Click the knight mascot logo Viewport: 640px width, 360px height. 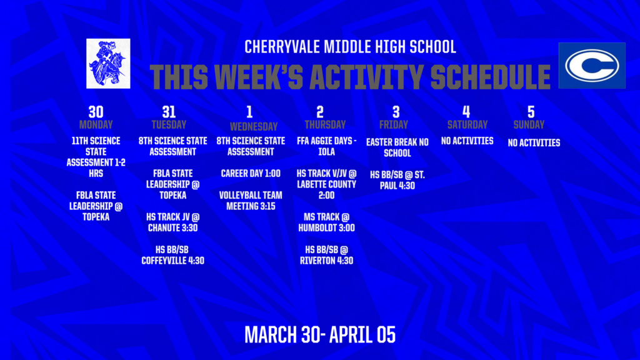[x=109, y=63]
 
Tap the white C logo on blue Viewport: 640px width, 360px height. [x=591, y=66]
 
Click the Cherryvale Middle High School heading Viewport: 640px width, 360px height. [x=350, y=47]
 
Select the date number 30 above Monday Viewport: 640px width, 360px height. [x=96, y=112]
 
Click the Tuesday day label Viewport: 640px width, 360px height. [x=169, y=124]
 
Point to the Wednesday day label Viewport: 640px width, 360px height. [x=249, y=126]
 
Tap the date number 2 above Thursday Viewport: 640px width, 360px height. [x=320, y=112]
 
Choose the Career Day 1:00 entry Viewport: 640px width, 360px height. [x=250, y=173]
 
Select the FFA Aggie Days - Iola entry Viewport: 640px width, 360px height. [x=326, y=146]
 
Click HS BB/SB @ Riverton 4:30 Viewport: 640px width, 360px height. [x=326, y=255]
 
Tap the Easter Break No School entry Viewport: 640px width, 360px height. [x=397, y=147]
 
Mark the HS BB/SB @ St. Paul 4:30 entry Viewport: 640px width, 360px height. [x=397, y=179]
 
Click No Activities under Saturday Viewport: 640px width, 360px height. [x=467, y=141]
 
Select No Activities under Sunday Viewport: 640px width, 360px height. [x=534, y=143]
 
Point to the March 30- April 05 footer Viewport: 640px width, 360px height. [x=319, y=334]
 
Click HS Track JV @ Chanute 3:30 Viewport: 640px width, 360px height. [x=172, y=222]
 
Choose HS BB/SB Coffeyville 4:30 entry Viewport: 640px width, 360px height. [x=172, y=255]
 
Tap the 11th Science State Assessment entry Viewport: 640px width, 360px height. [x=96, y=157]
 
